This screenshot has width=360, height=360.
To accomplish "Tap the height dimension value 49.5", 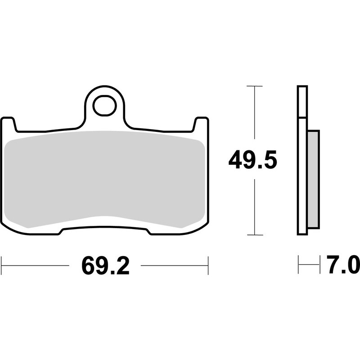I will pyautogui.click(x=252, y=160).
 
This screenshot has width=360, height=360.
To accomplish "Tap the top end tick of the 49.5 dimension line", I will pyautogui.click(x=255, y=85).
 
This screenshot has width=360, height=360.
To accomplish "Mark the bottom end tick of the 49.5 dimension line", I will pyautogui.click(x=255, y=234).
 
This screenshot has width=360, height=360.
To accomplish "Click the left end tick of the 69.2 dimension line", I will pyautogui.click(x=2, y=265).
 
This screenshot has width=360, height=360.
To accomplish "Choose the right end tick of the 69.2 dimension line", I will pyautogui.click(x=208, y=265).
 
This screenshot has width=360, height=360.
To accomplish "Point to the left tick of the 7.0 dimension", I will pyautogui.click(x=298, y=265).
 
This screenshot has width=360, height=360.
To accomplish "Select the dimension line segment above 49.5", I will pyautogui.click(x=255, y=112).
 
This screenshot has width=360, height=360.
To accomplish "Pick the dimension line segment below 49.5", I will pyautogui.click(x=255, y=207).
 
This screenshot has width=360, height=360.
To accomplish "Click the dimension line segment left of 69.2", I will pyautogui.click(x=36, y=265).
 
